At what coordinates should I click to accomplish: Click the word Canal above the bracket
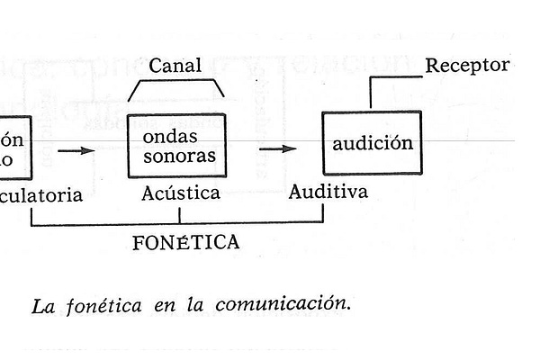[x=175, y=66]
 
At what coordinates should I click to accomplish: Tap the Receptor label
[x=467, y=65]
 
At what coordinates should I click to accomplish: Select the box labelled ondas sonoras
[x=175, y=146]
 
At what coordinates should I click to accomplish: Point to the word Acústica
[x=181, y=193]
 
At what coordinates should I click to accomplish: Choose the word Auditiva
[x=328, y=192]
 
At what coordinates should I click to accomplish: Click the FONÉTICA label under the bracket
[x=185, y=242]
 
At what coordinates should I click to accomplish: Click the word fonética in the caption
[x=103, y=304]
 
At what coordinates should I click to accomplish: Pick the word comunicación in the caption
[x=281, y=304]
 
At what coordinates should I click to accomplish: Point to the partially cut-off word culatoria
[x=42, y=194]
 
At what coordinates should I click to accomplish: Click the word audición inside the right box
[x=373, y=143]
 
